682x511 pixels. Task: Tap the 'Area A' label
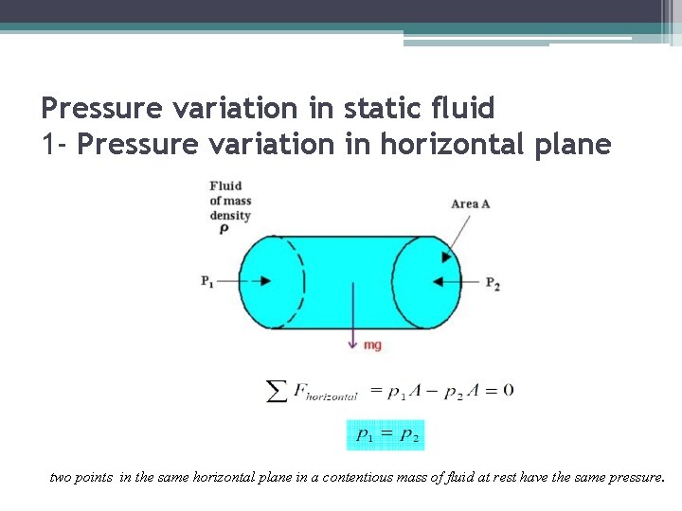471,203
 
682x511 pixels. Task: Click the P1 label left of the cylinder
207,281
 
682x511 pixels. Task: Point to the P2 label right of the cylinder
493,283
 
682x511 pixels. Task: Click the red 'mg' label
372,345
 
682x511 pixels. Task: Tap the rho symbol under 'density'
224,229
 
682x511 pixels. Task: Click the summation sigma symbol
277,391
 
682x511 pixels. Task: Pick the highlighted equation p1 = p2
386,435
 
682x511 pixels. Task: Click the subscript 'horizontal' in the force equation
332,396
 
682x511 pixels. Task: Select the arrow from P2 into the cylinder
446,281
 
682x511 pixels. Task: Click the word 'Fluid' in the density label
225,185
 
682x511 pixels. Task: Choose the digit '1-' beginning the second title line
53,145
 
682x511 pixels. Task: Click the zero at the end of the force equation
509,390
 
